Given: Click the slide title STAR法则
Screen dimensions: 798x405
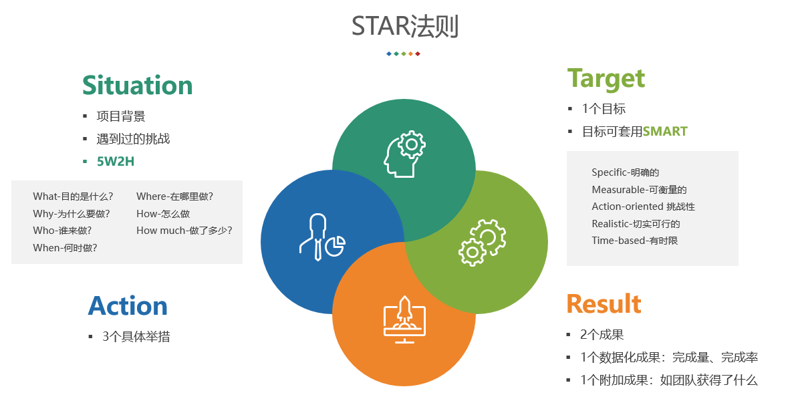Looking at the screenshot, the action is (x=405, y=26).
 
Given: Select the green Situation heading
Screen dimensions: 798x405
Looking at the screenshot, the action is (x=138, y=85).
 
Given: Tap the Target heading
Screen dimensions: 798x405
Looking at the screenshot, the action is (x=606, y=80).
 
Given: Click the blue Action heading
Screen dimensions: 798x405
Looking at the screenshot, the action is (x=128, y=306).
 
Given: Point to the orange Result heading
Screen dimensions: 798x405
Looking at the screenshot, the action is (x=604, y=303).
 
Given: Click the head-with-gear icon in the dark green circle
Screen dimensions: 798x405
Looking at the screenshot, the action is (x=404, y=154).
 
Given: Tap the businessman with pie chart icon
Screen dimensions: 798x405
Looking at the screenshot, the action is (x=322, y=237).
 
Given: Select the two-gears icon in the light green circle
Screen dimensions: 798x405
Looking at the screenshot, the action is (x=482, y=243).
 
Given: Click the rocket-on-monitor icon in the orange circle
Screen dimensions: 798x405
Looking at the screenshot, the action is (x=404, y=319).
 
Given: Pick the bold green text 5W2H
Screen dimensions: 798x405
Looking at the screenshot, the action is (x=116, y=161).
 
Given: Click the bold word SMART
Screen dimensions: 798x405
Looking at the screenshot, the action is (x=664, y=131).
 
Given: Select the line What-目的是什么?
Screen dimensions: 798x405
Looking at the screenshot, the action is (x=73, y=196).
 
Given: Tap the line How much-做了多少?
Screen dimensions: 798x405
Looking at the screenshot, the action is (x=184, y=231).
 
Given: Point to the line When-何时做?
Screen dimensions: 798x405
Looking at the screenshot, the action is (x=65, y=248).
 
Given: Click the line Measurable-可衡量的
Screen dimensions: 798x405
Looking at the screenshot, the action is (x=639, y=190).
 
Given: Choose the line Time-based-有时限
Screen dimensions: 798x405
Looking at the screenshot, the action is (x=635, y=241).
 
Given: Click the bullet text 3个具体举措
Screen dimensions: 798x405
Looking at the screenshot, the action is (x=136, y=336).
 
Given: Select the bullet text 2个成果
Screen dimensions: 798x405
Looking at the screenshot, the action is (x=602, y=334).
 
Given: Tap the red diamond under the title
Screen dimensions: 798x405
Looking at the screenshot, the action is (x=418, y=54).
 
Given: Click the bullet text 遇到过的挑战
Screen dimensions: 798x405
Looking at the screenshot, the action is (x=134, y=139).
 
